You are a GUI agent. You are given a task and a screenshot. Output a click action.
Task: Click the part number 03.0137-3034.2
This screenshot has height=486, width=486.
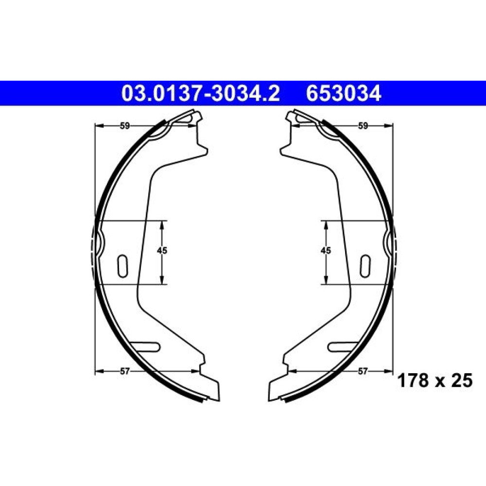(x=201, y=93)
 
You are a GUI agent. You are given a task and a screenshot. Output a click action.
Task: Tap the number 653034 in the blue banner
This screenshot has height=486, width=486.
(x=344, y=93)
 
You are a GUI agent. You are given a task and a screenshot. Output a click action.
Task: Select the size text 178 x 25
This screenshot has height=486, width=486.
(x=435, y=381)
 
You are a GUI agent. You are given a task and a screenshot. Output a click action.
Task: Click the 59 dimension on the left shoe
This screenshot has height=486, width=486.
(x=124, y=126)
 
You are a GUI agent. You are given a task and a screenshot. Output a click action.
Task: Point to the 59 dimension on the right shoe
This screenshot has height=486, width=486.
(x=363, y=126)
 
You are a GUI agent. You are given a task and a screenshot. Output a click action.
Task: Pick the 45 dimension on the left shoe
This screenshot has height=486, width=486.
(x=162, y=250)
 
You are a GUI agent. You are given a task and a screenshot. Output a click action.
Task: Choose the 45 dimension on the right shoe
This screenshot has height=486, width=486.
(x=326, y=250)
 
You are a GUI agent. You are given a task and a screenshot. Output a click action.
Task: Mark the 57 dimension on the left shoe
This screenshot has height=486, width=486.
(x=124, y=371)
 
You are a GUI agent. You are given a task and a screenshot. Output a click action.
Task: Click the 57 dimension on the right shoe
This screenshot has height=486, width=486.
(x=363, y=371)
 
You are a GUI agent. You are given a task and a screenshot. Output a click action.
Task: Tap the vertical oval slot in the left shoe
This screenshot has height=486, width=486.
(x=122, y=266)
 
